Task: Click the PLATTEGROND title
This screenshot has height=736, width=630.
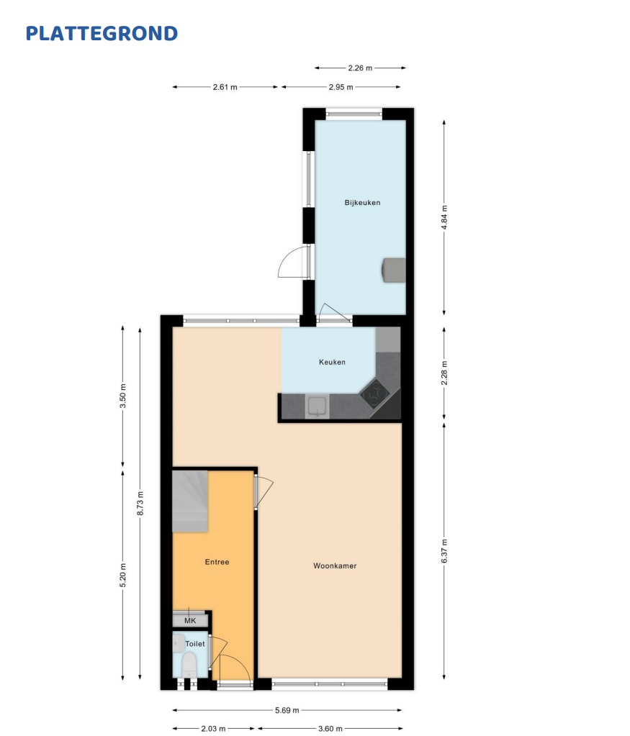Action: click(x=102, y=33)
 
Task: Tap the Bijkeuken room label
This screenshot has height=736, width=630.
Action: click(x=362, y=203)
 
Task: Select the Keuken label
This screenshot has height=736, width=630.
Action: click(x=332, y=362)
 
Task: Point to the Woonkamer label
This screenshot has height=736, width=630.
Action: click(x=335, y=565)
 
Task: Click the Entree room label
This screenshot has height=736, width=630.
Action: click(x=217, y=562)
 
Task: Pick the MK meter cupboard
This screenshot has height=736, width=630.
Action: click(x=190, y=621)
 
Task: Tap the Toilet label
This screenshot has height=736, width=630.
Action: click(x=195, y=643)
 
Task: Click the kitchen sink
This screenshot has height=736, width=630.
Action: click(x=317, y=406)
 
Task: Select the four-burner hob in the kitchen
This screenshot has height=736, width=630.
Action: click(x=374, y=394)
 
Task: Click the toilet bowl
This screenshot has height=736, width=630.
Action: click(x=189, y=665)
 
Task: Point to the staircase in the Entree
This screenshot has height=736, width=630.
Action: click(x=190, y=501)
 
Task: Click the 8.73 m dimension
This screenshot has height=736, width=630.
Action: click(x=140, y=503)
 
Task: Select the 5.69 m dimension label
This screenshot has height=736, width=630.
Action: click(x=287, y=710)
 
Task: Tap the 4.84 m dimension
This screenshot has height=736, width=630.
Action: click(x=444, y=217)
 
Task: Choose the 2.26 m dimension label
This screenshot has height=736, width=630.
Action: click(x=360, y=68)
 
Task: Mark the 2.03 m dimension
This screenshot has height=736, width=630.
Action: click(x=213, y=729)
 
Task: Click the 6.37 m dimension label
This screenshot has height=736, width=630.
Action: click(x=444, y=551)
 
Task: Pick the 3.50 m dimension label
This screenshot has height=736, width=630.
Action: click(x=123, y=396)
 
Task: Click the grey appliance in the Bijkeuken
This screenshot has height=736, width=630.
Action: click(x=394, y=270)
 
